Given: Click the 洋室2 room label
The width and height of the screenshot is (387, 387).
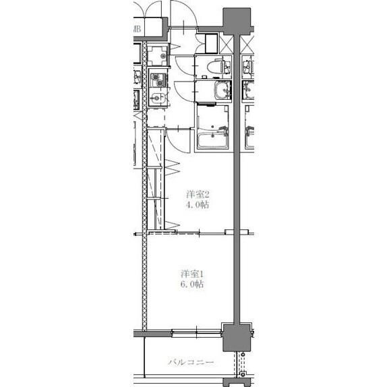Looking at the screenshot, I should tap(198, 194).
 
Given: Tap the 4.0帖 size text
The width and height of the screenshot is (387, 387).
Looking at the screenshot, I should tap(198, 205).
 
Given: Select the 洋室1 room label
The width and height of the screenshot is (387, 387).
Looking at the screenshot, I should tap(193, 274).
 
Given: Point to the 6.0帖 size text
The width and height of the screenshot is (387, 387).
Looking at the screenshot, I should tap(193, 285).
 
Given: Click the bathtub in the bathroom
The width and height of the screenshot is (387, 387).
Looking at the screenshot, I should tap(213, 140).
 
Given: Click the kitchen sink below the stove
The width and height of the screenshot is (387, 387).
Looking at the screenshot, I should tap(158, 100).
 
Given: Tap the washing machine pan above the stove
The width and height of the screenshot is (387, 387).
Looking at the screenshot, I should tap(158, 56).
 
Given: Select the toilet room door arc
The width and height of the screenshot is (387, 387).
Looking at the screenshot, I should tap(183, 64).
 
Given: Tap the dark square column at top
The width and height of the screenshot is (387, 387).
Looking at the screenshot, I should tap(238, 19).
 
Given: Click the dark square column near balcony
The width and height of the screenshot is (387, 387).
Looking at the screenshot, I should tap(237, 336).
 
